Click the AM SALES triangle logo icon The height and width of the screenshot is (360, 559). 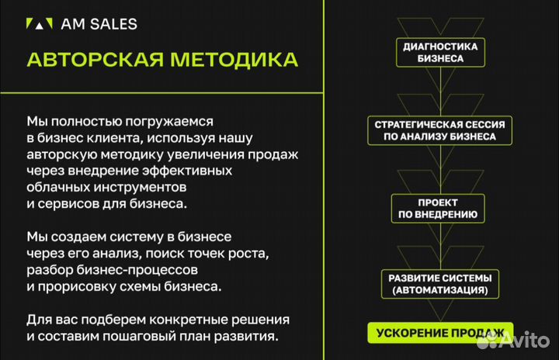click(x=40, y=24)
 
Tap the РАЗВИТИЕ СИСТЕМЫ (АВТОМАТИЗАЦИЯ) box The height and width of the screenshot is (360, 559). click(x=439, y=284)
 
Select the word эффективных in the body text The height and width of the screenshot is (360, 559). click(x=189, y=171)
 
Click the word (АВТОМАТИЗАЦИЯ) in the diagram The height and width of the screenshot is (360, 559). click(x=439, y=291)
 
